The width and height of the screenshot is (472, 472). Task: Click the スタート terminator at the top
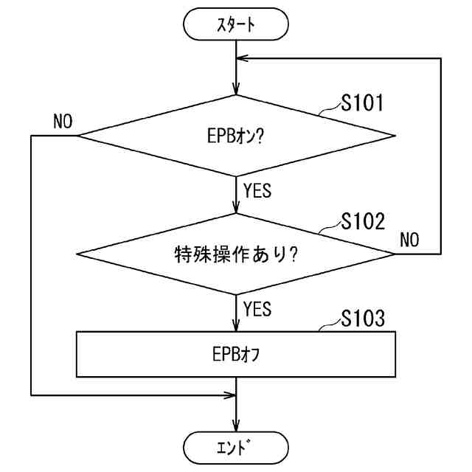235,24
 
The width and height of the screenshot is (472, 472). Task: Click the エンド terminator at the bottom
235,446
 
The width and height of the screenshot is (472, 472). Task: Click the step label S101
361,103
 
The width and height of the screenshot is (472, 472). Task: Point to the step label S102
361,221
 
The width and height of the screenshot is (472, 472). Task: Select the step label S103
361,319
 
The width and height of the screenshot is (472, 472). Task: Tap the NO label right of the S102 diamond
409,239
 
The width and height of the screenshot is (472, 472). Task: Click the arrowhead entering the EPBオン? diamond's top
236,88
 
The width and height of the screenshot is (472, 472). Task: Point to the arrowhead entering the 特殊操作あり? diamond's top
236,208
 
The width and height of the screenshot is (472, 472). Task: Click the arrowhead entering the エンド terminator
236,426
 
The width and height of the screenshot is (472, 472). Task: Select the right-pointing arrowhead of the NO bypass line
230,395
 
